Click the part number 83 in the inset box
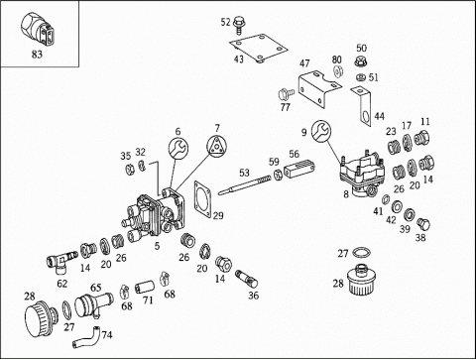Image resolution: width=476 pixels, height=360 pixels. tap(37, 54)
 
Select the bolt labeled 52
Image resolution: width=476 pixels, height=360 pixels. tap(238, 25)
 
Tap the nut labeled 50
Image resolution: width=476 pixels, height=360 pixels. tap(361, 61)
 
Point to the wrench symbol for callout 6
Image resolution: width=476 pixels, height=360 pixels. tap(178, 148)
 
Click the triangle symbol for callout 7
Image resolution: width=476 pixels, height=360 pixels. tap(218, 145)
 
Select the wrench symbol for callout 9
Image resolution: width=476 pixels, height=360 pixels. tap(321, 131)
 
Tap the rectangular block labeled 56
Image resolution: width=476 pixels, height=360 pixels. tap(298, 169)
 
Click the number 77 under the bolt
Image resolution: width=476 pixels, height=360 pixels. tap(285, 107)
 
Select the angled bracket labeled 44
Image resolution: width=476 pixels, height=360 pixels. tap(363, 105)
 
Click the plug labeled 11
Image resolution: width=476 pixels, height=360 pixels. tap(421, 138)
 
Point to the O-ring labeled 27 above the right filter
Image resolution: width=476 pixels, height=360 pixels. tap(361, 252)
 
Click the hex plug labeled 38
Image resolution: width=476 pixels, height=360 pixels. tap(422, 224)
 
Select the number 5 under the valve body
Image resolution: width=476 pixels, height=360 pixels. tap(157, 246)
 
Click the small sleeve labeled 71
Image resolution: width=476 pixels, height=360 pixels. tap(145, 287)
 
